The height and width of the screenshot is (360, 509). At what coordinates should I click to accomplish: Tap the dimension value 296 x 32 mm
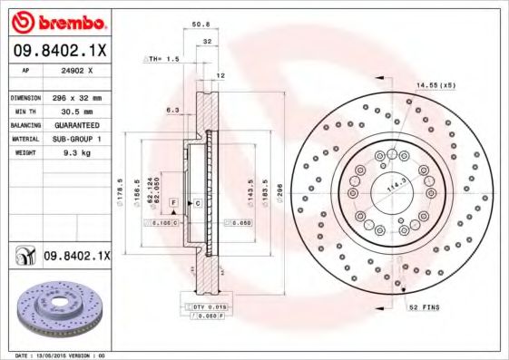tap(77, 96)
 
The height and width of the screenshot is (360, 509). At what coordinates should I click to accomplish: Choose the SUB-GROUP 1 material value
tap(76, 139)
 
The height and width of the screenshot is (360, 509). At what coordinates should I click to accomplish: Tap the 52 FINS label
tap(425, 307)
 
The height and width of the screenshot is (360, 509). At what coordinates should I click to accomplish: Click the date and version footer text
tap(62, 355)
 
